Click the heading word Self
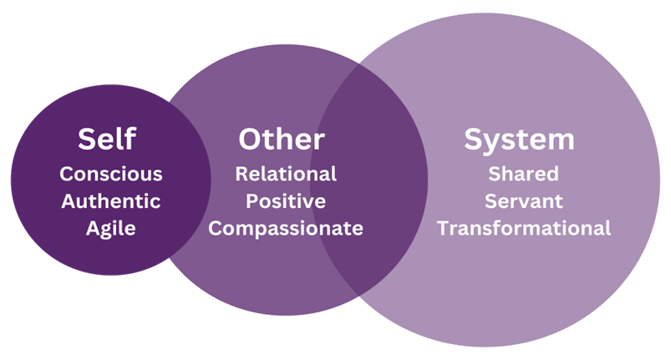(x=107, y=139)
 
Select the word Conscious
(x=111, y=175)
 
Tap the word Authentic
(x=111, y=201)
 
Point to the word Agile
(x=111, y=228)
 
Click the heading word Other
(x=282, y=139)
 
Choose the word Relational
(x=286, y=175)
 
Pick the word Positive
(x=286, y=201)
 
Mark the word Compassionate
(x=286, y=228)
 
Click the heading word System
(x=520, y=139)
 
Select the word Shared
(x=524, y=175)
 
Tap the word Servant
(x=524, y=201)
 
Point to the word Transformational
(x=524, y=228)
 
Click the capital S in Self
(x=86, y=139)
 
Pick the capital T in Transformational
(x=443, y=228)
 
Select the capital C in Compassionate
(x=215, y=228)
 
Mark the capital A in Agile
(x=92, y=228)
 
